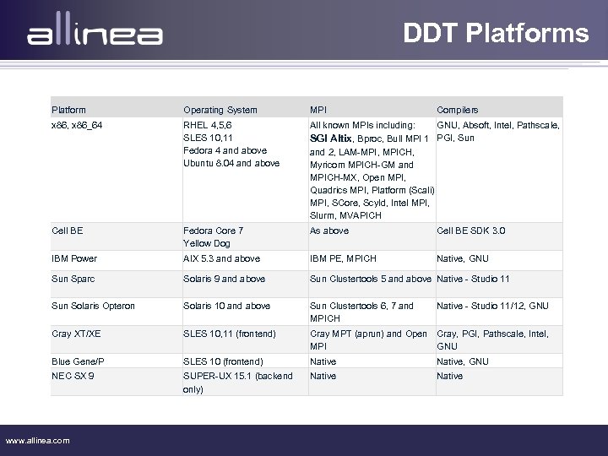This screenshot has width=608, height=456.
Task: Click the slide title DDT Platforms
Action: click(x=496, y=33)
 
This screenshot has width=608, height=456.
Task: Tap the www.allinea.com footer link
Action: click(x=38, y=440)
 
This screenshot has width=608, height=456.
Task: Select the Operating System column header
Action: click(x=220, y=110)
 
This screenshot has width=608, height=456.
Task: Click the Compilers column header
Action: click(x=457, y=110)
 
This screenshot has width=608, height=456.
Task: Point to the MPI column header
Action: click(x=318, y=110)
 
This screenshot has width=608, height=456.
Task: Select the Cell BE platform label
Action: click(x=68, y=231)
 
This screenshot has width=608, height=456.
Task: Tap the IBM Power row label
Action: click(x=74, y=258)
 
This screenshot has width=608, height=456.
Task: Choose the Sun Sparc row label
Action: click(x=73, y=279)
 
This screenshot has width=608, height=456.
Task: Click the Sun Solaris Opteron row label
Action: click(x=93, y=306)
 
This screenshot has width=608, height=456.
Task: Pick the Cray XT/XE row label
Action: click(x=76, y=334)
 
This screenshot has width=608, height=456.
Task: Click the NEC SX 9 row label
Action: click(x=73, y=376)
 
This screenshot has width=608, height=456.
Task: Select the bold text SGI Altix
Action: click(x=331, y=138)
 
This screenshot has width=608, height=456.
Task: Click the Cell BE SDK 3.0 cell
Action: click(x=471, y=231)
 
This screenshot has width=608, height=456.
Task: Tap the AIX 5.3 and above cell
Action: click(x=221, y=258)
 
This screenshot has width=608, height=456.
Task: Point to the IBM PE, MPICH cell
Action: click(x=343, y=258)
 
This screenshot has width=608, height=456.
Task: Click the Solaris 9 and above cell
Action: click(x=224, y=279)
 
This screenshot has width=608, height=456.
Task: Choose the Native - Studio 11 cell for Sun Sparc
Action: click(x=473, y=279)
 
